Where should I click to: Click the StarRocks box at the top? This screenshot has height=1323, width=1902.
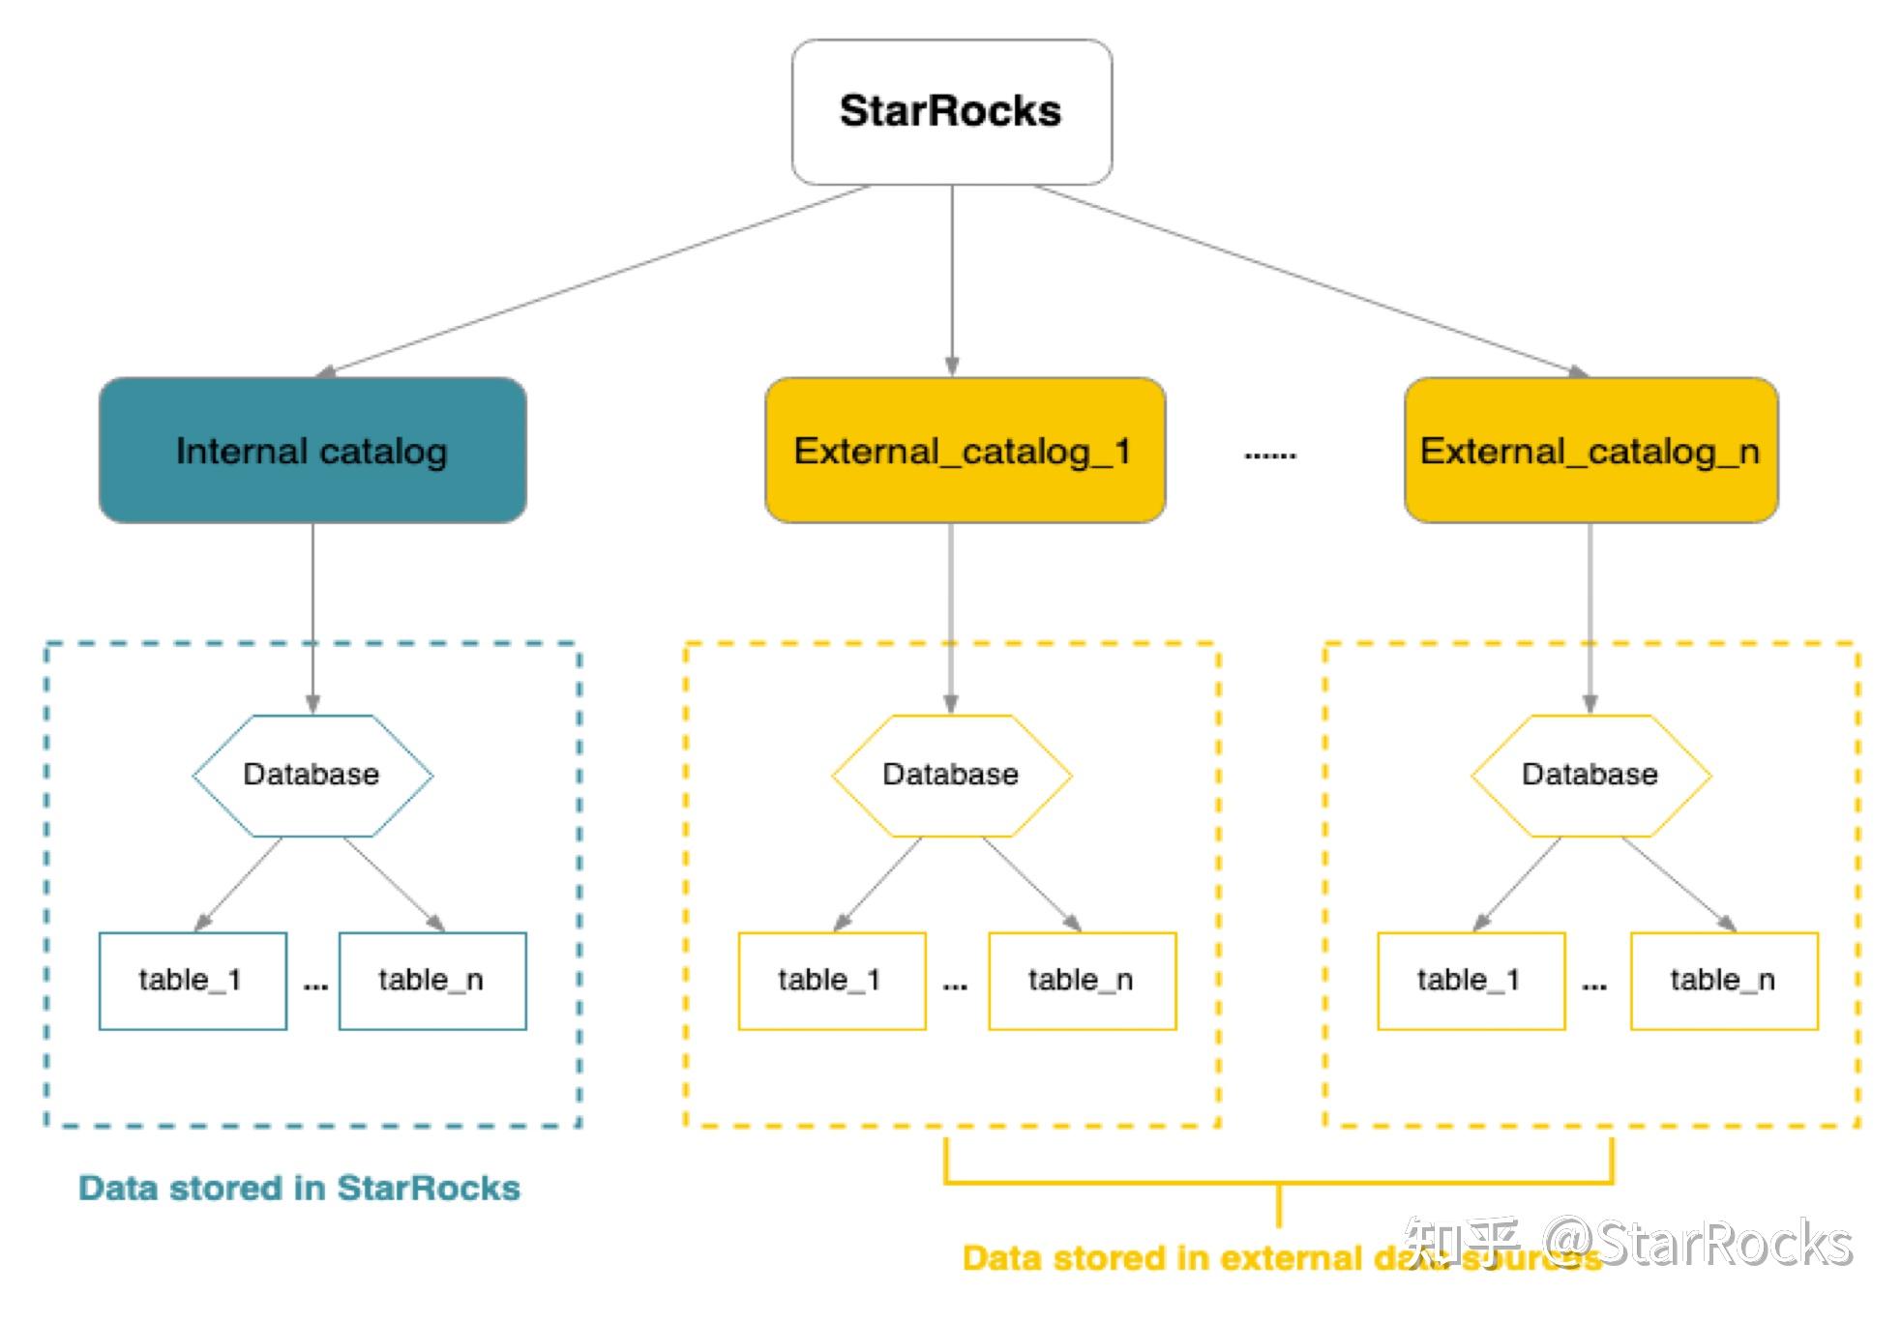click(951, 111)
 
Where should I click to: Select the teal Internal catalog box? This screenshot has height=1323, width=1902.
click(312, 451)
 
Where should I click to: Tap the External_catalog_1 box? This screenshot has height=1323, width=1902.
click(965, 451)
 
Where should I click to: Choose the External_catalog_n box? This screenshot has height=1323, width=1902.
click(1590, 451)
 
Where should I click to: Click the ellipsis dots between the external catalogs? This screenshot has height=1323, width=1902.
click(1269, 455)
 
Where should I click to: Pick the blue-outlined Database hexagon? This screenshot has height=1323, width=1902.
click(312, 775)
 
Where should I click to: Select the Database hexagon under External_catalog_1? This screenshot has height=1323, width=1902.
click(951, 775)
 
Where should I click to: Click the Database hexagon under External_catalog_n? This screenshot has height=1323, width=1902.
click(1590, 775)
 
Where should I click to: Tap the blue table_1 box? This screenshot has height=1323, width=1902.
click(193, 981)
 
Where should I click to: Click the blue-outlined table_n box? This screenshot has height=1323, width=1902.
click(432, 981)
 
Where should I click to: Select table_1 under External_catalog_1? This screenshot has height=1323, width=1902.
click(831, 981)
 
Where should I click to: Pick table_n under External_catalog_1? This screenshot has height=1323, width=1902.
click(1082, 981)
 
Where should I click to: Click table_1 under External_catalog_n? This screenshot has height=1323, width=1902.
click(1471, 981)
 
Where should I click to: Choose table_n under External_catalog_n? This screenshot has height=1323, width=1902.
click(1724, 981)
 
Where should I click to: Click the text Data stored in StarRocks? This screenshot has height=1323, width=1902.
click(299, 1188)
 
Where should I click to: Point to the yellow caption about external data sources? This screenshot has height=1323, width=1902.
click(1190, 1258)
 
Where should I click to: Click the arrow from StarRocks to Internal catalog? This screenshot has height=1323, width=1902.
click(595, 280)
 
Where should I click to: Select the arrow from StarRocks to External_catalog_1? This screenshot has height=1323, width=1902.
click(952, 280)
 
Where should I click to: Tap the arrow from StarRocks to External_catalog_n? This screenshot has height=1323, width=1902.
click(1306, 280)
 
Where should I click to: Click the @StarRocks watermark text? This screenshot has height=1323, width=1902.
click(1698, 1243)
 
